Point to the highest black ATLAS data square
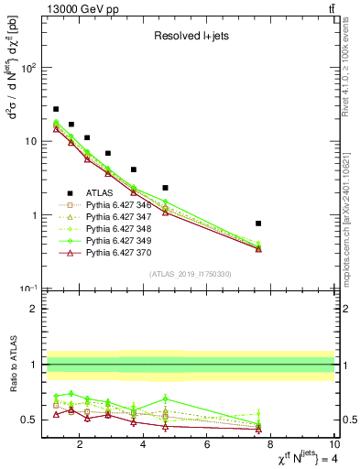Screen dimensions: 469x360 coord(56,109)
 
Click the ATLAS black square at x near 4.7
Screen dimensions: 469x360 coord(165,188)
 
